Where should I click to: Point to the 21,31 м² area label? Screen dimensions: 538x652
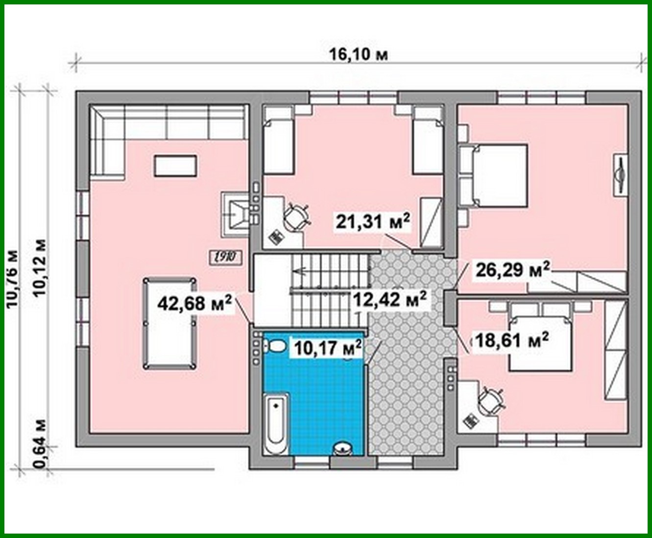click(x=373, y=222)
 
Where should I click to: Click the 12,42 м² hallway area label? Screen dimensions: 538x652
click(x=389, y=298)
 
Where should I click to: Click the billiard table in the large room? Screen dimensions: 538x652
click(x=169, y=323)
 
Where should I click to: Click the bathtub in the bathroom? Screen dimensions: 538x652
click(x=276, y=423)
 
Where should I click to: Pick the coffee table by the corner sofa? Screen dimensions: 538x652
click(x=176, y=166)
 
